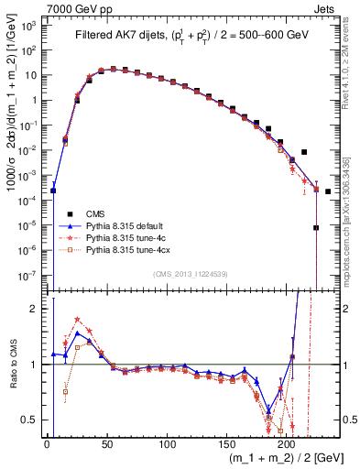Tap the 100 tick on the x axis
[167, 444]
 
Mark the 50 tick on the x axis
[106, 444]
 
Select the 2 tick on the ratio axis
[38, 309]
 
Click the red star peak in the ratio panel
[77, 320]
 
